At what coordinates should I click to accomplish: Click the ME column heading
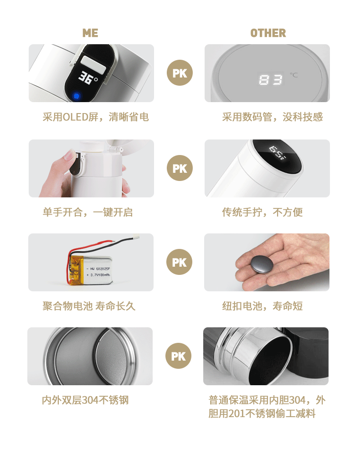click(x=90, y=33)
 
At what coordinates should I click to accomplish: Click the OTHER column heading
click(x=268, y=33)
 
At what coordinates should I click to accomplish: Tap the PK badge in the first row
click(x=180, y=73)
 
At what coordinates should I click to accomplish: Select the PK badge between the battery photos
click(x=180, y=262)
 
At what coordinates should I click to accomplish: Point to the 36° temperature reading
click(x=87, y=79)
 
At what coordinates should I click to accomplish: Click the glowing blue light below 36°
click(x=77, y=96)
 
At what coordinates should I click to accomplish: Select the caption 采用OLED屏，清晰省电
click(x=96, y=117)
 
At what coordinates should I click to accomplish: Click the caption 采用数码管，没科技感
click(x=272, y=117)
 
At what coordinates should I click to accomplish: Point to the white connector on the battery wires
click(x=135, y=238)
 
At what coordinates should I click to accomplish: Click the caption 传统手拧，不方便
click(x=262, y=212)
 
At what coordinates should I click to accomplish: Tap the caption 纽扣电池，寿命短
click(x=262, y=306)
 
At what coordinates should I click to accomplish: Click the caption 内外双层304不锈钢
click(x=85, y=400)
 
